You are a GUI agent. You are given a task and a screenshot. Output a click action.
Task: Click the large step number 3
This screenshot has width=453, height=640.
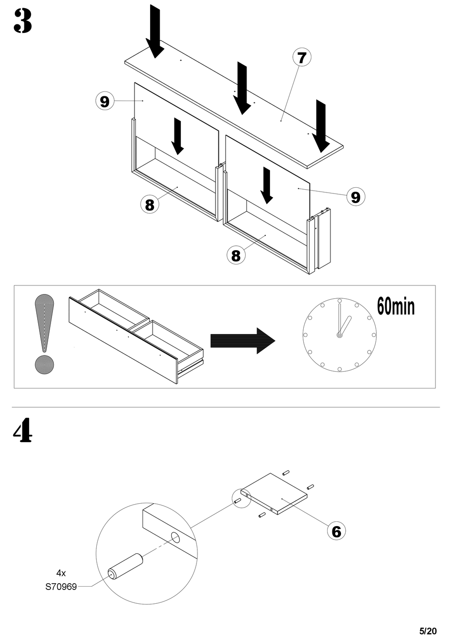[22, 21]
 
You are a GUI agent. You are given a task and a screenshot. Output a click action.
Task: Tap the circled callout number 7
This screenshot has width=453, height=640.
[302, 57]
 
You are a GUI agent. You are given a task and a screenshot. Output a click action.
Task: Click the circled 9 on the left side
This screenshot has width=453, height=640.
[105, 101]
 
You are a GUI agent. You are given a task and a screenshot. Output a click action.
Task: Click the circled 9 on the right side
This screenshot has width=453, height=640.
[356, 196]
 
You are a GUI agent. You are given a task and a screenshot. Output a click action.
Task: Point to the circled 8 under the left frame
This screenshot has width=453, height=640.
[150, 204]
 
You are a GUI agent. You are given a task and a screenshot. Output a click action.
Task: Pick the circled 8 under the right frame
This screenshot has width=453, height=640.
[236, 255]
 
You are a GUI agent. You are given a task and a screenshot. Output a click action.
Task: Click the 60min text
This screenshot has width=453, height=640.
[396, 306]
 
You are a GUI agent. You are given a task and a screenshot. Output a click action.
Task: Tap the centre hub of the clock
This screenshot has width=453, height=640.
[339, 335]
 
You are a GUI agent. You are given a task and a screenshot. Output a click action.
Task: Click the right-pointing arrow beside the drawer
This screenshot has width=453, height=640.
[243, 341]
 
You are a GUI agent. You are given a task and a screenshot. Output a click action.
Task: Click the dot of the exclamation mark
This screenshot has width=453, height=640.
[44, 365]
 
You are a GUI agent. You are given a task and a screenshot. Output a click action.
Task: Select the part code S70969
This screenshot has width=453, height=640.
[61, 587]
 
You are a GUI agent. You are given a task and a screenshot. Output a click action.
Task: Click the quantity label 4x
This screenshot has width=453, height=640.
[61, 573]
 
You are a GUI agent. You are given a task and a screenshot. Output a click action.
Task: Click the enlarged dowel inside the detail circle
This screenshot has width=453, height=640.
[125, 566]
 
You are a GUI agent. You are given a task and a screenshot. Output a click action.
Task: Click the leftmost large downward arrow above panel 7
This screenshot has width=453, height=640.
[154, 31]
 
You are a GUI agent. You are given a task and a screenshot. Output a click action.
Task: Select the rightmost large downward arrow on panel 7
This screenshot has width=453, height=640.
[321, 126]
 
